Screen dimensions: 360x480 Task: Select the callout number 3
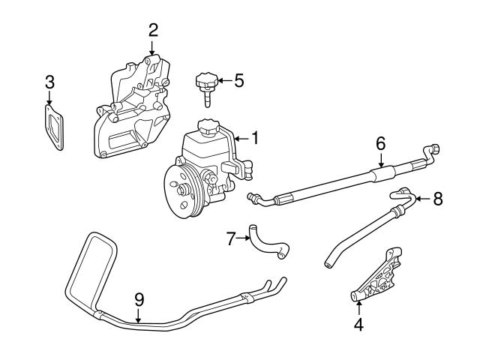(x=49, y=81)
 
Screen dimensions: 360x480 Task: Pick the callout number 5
(x=238, y=80)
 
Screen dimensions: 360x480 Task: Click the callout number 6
(x=380, y=142)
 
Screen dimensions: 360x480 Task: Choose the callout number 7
(x=231, y=239)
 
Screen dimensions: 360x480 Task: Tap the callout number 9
(x=138, y=298)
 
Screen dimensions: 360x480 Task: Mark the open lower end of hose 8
(x=328, y=264)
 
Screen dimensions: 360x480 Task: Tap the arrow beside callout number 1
(x=241, y=139)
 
